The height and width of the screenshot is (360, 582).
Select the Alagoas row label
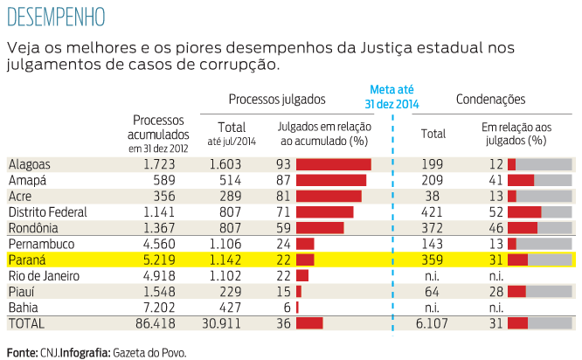[30, 164]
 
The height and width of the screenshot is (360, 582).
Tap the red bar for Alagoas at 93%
[334, 164]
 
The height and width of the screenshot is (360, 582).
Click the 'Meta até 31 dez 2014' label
[393, 97]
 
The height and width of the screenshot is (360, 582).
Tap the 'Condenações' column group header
[490, 100]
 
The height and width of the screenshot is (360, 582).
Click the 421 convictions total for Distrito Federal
[432, 211]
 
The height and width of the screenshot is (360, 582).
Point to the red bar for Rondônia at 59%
[320, 227]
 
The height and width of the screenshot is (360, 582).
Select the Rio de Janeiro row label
[45, 275]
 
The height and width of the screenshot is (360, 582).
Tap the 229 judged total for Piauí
[231, 292]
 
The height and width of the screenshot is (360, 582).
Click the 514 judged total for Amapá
[231, 180]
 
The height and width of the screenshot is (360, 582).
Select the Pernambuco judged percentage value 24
[282, 244]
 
